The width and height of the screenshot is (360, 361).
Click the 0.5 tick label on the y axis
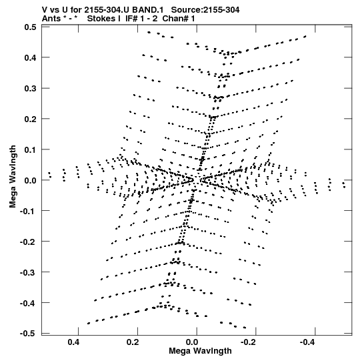30,27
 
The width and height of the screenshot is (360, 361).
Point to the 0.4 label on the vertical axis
30,57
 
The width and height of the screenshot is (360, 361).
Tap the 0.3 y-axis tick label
30,88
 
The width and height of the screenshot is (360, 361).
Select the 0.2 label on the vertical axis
30,119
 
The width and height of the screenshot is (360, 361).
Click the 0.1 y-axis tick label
30,149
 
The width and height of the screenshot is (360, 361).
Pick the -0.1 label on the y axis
28,211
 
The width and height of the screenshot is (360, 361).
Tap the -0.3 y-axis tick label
28,272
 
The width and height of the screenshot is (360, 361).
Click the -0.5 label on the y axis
28,334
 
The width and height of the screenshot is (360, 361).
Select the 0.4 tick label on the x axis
73,342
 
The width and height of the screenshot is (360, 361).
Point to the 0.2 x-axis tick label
133,342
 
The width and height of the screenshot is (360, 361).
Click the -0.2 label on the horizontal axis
249,342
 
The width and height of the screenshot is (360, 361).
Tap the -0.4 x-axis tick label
308,342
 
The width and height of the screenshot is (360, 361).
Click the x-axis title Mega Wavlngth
200,351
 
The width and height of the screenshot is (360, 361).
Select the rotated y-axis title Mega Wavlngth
13,177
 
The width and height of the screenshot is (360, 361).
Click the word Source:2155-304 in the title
205,10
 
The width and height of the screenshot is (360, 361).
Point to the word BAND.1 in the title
148,10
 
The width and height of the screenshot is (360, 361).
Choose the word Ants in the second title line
51,19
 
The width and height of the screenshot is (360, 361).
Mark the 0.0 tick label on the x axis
192,342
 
